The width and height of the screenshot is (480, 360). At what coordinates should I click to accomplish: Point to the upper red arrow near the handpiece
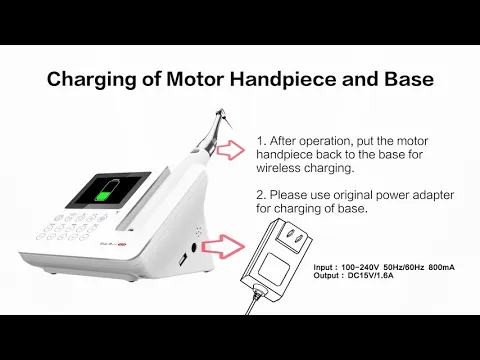[x=230, y=151]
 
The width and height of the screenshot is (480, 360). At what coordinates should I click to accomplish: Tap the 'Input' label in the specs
[x=326, y=268]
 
